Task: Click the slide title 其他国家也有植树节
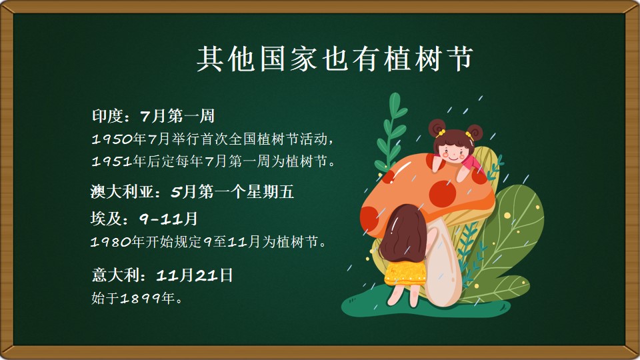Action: pos(335,59)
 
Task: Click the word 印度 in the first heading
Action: pos(107,116)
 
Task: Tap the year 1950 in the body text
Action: pos(112,139)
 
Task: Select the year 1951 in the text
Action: pos(112,161)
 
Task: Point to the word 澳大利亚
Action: pos(121,191)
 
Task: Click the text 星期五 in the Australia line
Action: pos(269,191)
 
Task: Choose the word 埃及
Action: pos(106,219)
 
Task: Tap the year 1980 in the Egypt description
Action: pos(111,242)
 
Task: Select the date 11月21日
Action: pos(194,275)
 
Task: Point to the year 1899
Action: pos(141,299)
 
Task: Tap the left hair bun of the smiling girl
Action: pos(437,127)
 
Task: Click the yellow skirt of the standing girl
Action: pos(405,273)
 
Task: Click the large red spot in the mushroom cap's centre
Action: pos(442,193)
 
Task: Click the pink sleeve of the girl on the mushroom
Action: pos(473,163)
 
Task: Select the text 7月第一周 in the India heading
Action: pos(177,116)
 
